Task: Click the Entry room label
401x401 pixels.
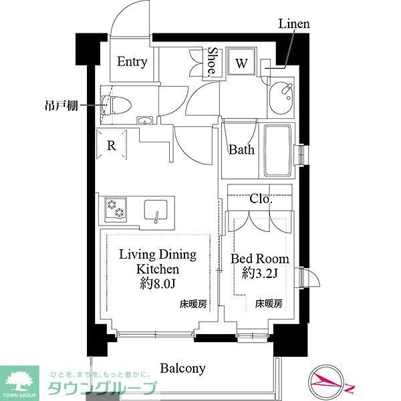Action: (x=132, y=61)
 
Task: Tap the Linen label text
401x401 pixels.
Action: (x=294, y=24)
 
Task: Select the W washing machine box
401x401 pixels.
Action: (x=241, y=64)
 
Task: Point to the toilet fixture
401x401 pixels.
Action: (x=116, y=105)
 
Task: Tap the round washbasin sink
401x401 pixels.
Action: (x=285, y=90)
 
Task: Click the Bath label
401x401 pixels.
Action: (x=241, y=150)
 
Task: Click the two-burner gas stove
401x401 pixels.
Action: (x=115, y=210)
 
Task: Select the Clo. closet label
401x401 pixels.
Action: (x=261, y=199)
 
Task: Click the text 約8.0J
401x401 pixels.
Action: (x=158, y=284)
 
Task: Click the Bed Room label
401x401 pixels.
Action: (x=260, y=259)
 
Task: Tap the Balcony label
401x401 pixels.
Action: (x=182, y=368)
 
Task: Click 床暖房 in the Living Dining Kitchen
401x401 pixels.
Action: (x=192, y=304)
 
